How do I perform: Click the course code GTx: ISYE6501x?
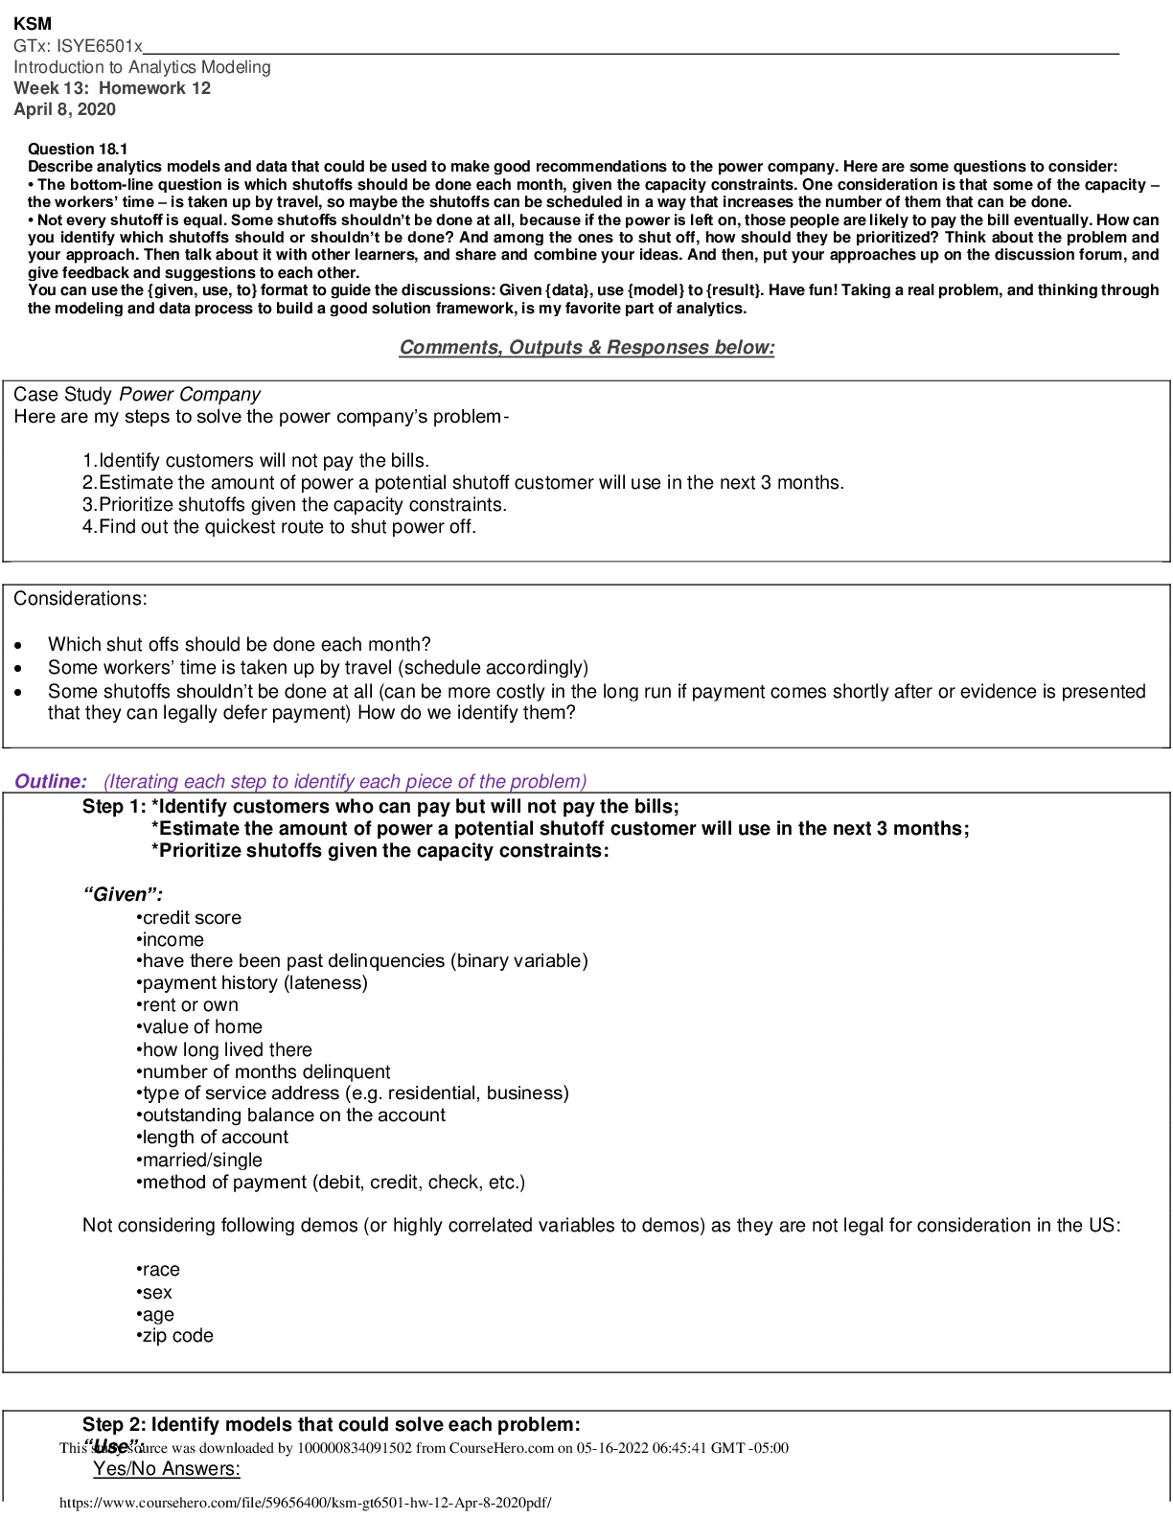tap(78, 45)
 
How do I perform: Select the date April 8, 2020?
tap(64, 109)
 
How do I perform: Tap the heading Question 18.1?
tap(78, 149)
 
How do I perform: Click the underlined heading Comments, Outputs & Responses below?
tap(586, 348)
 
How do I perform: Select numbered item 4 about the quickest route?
tap(279, 527)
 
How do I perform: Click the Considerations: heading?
tap(80, 599)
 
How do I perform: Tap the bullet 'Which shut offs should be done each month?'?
tap(239, 645)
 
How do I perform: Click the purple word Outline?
tap(51, 782)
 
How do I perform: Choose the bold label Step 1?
tap(114, 807)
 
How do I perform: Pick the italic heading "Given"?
tap(123, 895)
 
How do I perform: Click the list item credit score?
tap(191, 918)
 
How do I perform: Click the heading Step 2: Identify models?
tap(331, 1425)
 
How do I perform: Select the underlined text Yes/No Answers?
tap(167, 1469)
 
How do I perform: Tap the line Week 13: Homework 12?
tap(112, 88)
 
